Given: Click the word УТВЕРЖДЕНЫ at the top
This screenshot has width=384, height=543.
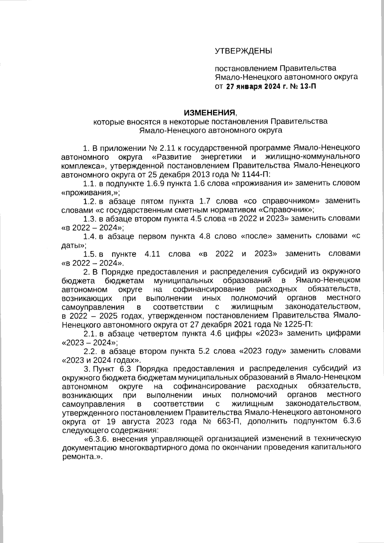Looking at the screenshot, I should tap(243, 51).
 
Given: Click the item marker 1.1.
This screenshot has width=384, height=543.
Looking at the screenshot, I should tap(90, 184).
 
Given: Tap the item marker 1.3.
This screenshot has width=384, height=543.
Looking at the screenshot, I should tap(90, 219).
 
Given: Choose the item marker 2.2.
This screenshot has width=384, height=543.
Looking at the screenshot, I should tap(90, 351).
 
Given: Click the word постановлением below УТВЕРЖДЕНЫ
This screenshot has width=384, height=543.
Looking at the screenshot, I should tap(246, 68).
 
